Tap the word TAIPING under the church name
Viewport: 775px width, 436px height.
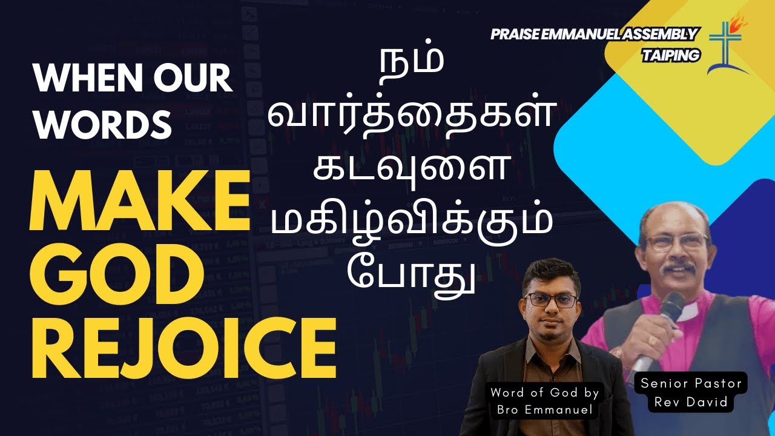pyautogui.click(x=671, y=55)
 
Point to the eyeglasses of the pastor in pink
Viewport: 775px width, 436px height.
pyautogui.click(x=675, y=242)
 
